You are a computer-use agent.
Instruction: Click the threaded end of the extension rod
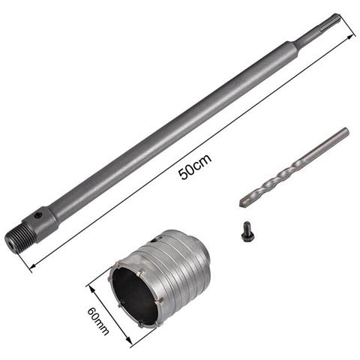[x=16, y=238]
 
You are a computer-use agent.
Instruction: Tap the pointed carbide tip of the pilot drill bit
[x=242, y=202]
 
